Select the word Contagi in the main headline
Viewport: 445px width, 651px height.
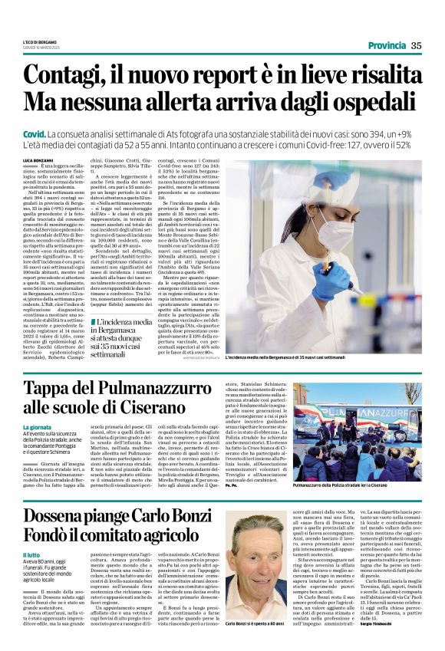click(70, 75)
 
